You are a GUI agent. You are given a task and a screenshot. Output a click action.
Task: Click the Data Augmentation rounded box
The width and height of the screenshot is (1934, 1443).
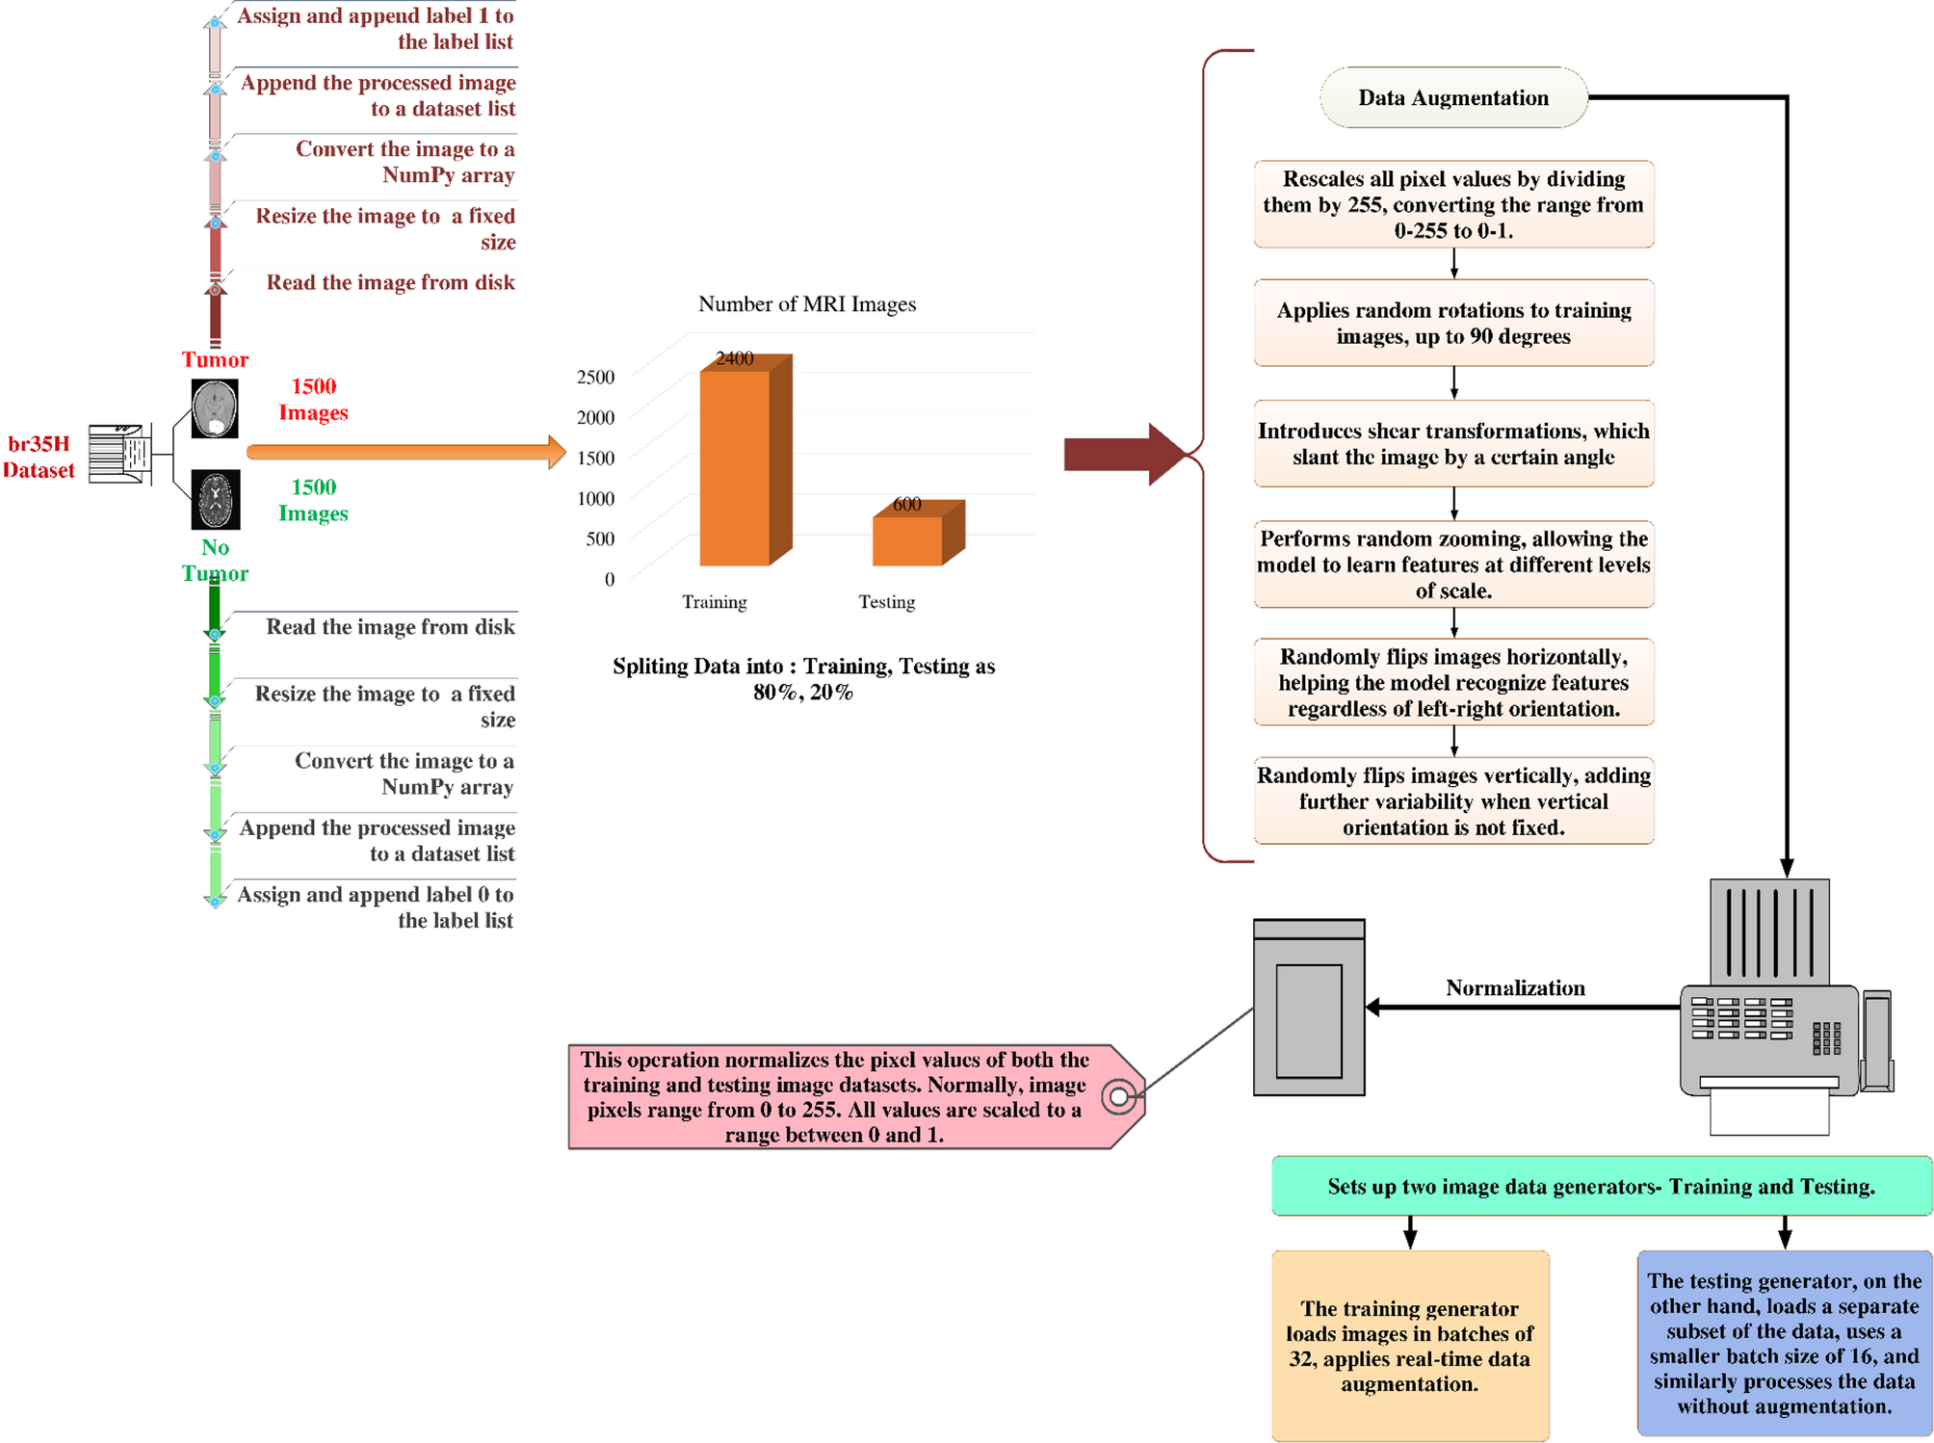1452,97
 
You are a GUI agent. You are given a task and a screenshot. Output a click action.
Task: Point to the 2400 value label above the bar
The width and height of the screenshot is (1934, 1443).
734,358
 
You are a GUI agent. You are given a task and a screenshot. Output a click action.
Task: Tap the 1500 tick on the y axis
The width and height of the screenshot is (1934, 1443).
595,458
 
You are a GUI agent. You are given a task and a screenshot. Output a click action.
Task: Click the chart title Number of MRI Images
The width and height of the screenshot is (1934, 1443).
806,304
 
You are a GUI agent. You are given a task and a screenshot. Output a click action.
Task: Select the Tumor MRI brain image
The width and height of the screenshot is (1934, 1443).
215,408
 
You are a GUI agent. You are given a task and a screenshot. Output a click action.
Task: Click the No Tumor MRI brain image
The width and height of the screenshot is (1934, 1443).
215,499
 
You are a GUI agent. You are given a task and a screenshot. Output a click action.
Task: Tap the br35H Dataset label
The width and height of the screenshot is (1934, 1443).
39,457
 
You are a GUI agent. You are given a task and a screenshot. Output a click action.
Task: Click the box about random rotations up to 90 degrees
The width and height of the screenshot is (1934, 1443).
1452,323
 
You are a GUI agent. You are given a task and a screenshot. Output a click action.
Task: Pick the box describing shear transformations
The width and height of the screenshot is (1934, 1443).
1452,444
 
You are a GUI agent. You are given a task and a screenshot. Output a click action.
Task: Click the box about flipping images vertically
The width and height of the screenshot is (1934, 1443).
1452,800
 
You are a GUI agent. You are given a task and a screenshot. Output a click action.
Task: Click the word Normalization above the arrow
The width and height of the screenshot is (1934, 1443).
1514,987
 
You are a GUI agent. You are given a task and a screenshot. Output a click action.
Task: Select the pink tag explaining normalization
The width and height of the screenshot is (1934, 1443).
848,1096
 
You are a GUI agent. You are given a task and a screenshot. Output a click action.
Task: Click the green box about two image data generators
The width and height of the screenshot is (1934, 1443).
1600,1186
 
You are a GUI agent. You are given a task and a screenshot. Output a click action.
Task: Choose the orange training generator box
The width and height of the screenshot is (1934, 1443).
1409,1345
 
